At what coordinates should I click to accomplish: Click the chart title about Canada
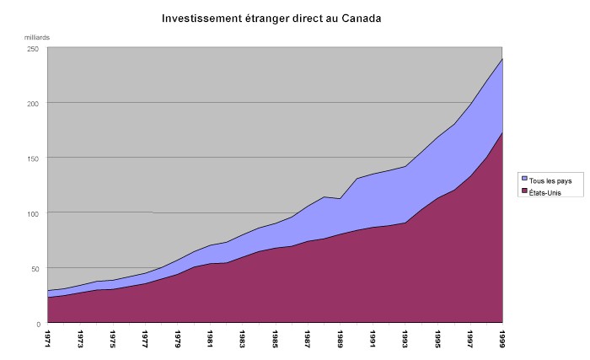(x=271, y=18)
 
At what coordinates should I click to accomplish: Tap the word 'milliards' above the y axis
(x=36, y=37)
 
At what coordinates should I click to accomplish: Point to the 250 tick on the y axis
(x=34, y=48)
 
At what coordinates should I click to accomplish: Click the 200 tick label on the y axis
(x=34, y=103)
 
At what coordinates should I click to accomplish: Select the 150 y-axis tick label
(x=34, y=158)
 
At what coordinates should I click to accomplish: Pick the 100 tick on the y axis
(x=34, y=213)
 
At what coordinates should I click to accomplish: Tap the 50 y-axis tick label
(x=35, y=268)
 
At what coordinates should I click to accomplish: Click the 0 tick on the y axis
(x=38, y=323)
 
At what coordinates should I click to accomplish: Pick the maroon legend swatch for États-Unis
(x=524, y=192)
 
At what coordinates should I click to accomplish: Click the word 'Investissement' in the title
(x=199, y=18)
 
